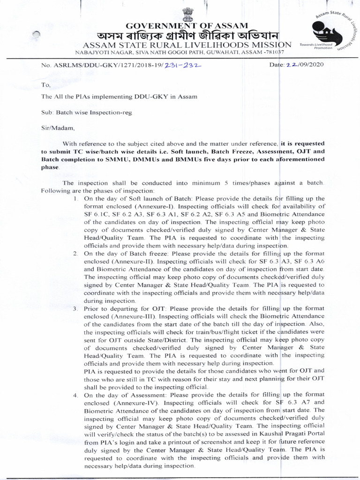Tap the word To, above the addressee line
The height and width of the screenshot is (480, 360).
point(45,85)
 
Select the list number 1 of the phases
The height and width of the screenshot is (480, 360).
point(75,199)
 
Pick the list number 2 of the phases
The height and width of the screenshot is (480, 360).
point(75,254)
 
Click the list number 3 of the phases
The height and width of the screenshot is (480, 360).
point(75,309)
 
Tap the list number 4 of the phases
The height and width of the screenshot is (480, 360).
point(75,395)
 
